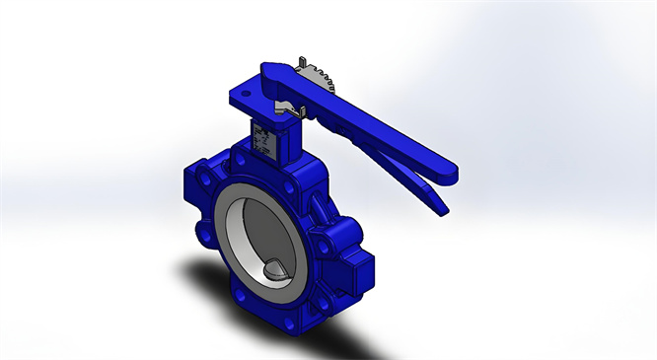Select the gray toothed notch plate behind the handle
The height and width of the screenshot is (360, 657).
(x=318, y=78)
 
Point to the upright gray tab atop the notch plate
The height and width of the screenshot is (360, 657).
(x=295, y=64)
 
